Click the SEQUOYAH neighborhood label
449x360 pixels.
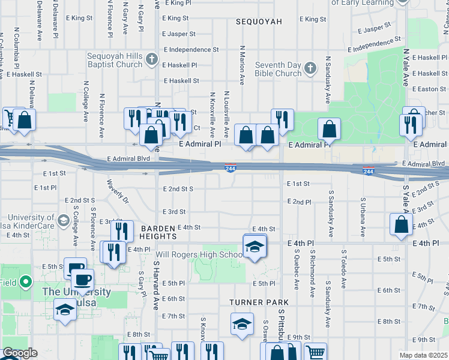tap(259, 22)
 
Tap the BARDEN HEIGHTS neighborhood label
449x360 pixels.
tap(158, 232)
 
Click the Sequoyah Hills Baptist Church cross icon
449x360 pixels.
tap(152, 59)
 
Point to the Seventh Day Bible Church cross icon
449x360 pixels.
tap(310, 68)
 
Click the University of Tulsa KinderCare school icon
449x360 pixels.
tap(62, 221)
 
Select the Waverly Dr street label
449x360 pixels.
tap(118, 190)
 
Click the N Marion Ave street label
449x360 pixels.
tap(243, 65)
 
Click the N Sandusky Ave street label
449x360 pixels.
tap(328, 80)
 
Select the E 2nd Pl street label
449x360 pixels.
tap(299, 202)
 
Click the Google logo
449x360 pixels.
tap(20, 353)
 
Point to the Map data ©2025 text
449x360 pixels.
tap(423, 355)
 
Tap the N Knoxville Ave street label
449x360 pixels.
tap(212, 113)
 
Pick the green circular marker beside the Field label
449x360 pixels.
tap(25, 281)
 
